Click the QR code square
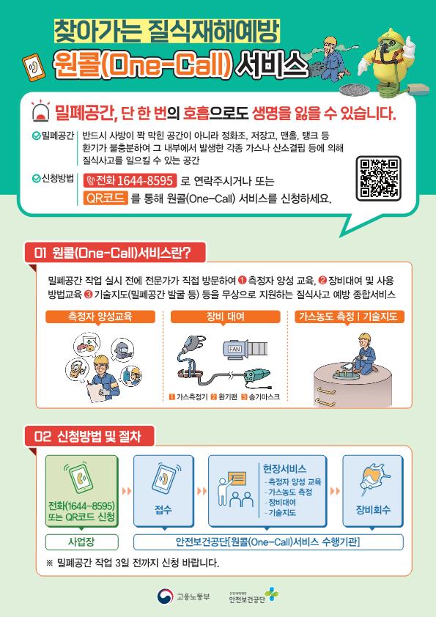[x=378, y=178]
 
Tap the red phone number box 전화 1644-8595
[x=130, y=180]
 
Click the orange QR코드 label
[x=105, y=198]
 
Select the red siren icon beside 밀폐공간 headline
[x=40, y=111]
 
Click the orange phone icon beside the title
[x=33, y=67]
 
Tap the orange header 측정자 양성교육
[x=100, y=317]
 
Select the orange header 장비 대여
[x=226, y=317]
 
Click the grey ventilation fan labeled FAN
[x=245, y=349]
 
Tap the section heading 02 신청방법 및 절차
[x=89, y=437]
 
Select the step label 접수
[x=163, y=510]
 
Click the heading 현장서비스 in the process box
[x=284, y=469]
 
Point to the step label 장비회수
[x=373, y=510]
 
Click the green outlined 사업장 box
[x=82, y=542]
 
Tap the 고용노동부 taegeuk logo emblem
[x=166, y=596]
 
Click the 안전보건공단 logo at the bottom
[x=254, y=596]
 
